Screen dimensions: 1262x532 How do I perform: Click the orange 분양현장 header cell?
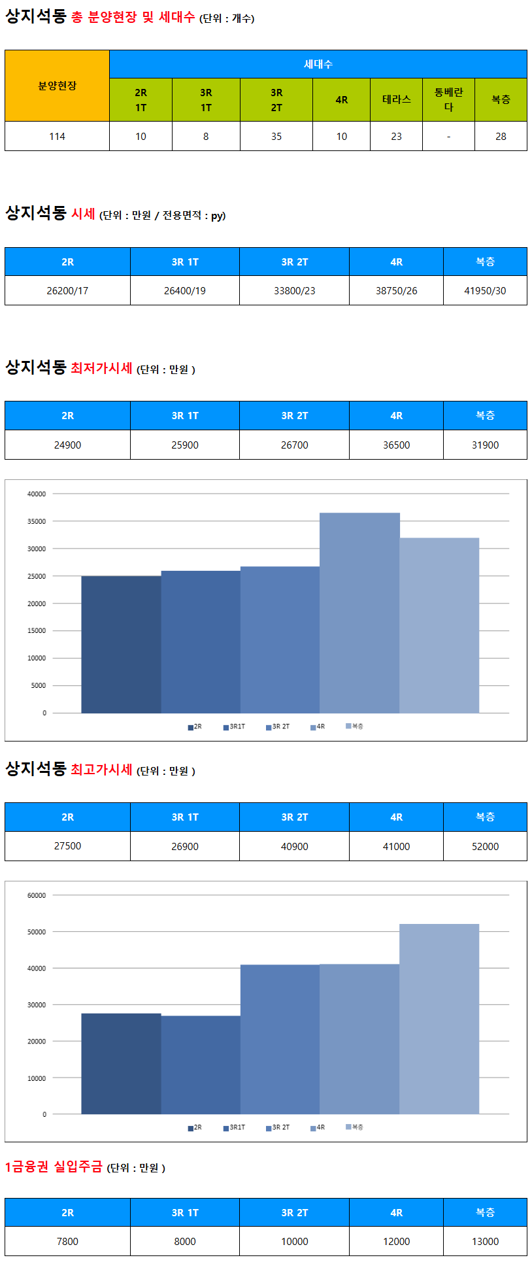tap(57, 86)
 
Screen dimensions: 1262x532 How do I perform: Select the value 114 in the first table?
tap(57, 137)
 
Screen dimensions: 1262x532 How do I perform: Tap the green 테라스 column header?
tap(396, 99)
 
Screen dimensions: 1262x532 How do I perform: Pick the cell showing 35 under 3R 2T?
tap(276, 137)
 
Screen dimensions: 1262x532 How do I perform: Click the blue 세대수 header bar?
tap(318, 64)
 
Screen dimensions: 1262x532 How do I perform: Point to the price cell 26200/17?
tap(67, 290)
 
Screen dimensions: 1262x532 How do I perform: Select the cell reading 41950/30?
tap(485, 290)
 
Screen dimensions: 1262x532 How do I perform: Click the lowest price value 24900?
tap(67, 445)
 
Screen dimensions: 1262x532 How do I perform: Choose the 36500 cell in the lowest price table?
tap(396, 445)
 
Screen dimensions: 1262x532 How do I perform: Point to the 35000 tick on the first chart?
tap(37, 522)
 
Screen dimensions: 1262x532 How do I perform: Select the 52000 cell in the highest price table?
tap(485, 846)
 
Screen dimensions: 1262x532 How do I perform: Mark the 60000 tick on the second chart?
tap(37, 895)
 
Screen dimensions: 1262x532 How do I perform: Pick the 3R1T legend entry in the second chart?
tap(234, 1127)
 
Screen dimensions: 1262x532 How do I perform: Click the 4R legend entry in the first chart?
tap(318, 726)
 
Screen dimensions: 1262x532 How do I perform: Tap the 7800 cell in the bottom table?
tap(67, 1241)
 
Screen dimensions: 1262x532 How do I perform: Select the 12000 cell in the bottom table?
tap(396, 1241)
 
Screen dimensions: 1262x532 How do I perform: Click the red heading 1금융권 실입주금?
tap(54, 1167)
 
